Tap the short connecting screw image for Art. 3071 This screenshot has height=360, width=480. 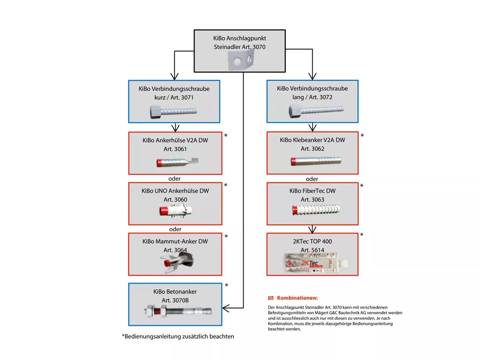[173, 112]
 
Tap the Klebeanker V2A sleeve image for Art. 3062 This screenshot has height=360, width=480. [315, 160]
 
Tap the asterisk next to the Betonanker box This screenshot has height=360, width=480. [226, 285]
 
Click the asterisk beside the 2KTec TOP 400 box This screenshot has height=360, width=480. [362, 235]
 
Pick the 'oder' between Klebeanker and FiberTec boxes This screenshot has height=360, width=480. [312, 179]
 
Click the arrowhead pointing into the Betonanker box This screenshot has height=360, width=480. [224, 307]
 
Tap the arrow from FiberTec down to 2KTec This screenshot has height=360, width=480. [312, 229]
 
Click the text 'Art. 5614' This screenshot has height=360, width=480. [312, 250]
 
